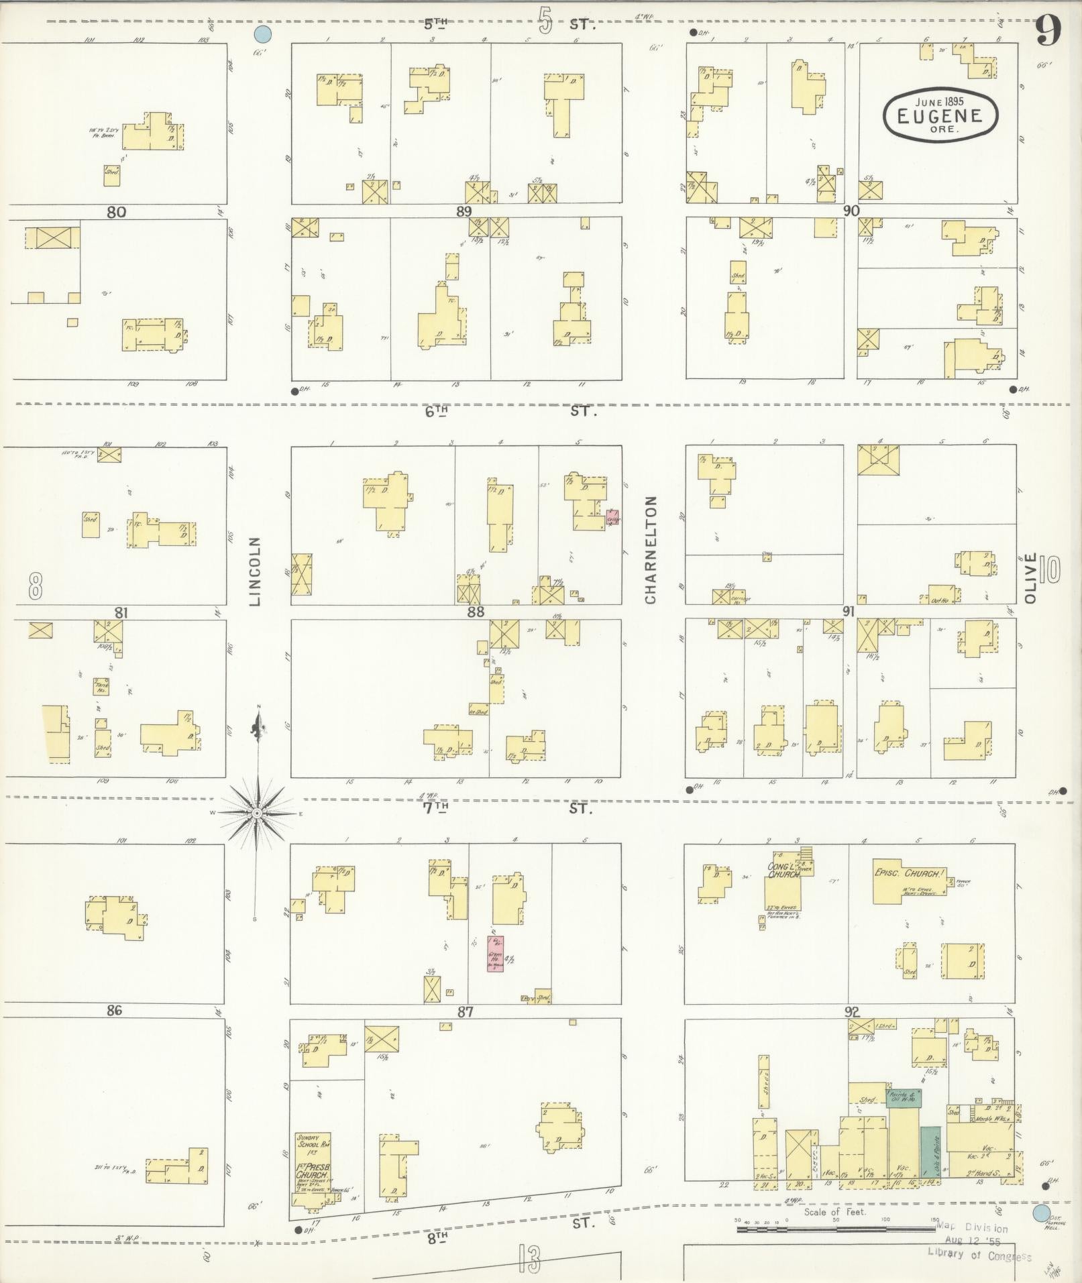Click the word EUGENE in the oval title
(939, 115)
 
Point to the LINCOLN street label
(255, 571)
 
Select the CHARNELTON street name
(650, 549)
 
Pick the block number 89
(464, 211)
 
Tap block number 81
(121, 612)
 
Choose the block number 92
(852, 1012)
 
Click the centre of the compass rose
(256, 813)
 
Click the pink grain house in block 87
(495, 954)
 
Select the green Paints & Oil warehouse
(904, 1099)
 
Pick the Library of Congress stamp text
(979, 1253)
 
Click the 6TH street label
(436, 411)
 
